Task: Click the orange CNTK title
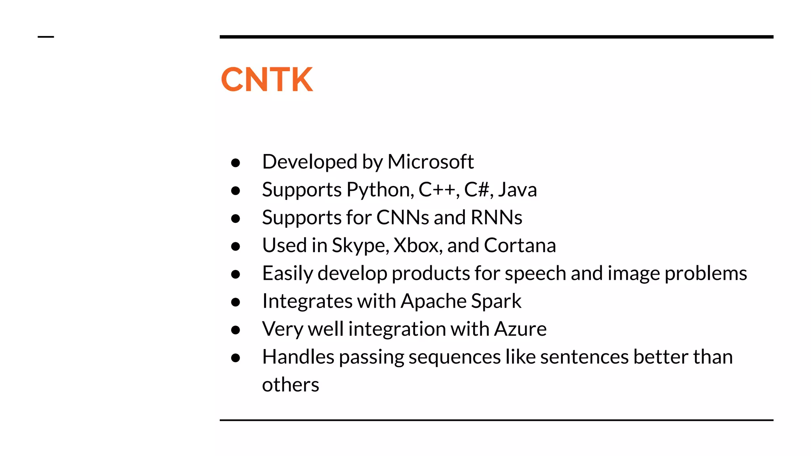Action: [x=267, y=80]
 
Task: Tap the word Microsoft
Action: [x=430, y=162]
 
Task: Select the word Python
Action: [x=380, y=190]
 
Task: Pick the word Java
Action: [x=518, y=190]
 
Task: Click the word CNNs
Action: [x=402, y=218]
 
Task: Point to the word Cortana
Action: [x=520, y=245]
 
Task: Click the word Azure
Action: [x=520, y=329]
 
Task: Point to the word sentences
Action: [x=584, y=357]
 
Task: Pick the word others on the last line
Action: [x=290, y=385]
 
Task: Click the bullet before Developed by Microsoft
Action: [x=236, y=163]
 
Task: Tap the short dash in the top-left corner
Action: [x=46, y=37]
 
